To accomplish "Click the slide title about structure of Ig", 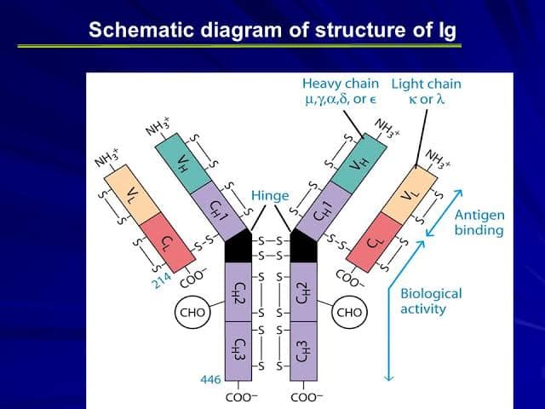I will coord(272,31).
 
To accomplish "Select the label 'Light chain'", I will coord(425,84).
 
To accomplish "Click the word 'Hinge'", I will coord(269,195).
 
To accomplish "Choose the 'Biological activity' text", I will coord(430,300).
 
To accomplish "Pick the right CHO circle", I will coord(349,313).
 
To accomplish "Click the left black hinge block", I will coord(240,246).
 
